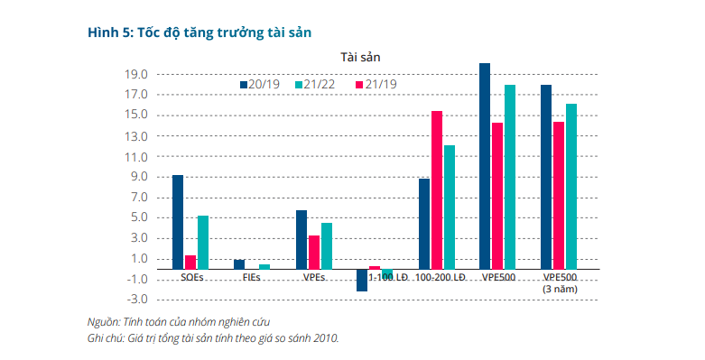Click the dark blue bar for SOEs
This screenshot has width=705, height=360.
(x=178, y=222)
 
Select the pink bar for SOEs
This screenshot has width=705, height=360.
(x=190, y=262)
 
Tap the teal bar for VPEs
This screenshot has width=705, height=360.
(x=327, y=245)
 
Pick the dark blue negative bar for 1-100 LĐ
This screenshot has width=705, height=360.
(x=362, y=280)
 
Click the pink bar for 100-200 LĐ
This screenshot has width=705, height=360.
(x=437, y=189)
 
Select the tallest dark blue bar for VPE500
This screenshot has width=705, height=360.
(x=485, y=166)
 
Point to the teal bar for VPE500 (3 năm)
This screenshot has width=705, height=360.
(x=571, y=186)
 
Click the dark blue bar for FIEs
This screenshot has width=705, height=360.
(x=239, y=264)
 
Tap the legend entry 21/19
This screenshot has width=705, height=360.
(x=378, y=84)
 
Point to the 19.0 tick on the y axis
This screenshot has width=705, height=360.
(x=136, y=74)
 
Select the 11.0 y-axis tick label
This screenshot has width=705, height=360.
(x=136, y=156)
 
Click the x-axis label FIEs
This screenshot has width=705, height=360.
(x=252, y=278)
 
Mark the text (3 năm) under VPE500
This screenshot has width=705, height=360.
(x=560, y=289)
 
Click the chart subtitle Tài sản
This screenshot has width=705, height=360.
(x=360, y=57)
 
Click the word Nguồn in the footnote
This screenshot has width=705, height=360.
(x=103, y=321)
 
